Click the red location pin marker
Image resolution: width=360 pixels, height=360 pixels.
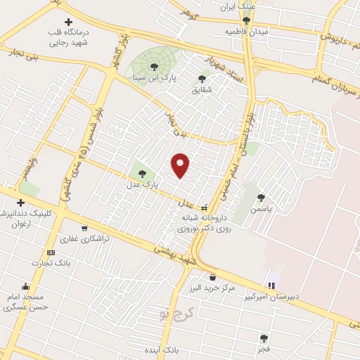(x=181, y=165)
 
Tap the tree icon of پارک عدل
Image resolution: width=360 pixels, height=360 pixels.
(x=142, y=173)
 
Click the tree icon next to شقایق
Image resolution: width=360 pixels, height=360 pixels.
(x=202, y=79)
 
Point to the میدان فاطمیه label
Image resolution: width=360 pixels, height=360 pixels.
(x=244, y=32)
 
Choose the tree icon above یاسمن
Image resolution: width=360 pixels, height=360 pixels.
(x=262, y=198)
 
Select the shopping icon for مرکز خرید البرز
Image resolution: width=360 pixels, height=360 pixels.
(x=212, y=277)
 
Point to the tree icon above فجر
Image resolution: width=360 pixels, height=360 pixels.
(x=264, y=338)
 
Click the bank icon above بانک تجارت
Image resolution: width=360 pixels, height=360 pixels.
(x=50, y=252)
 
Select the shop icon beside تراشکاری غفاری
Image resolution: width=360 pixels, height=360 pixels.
(x=84, y=228)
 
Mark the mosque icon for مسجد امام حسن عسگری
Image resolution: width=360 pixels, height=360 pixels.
(x=26, y=286)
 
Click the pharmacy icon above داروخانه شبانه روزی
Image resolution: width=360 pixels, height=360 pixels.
(x=205, y=207)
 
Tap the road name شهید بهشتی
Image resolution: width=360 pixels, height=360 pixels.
(x=172, y=254)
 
